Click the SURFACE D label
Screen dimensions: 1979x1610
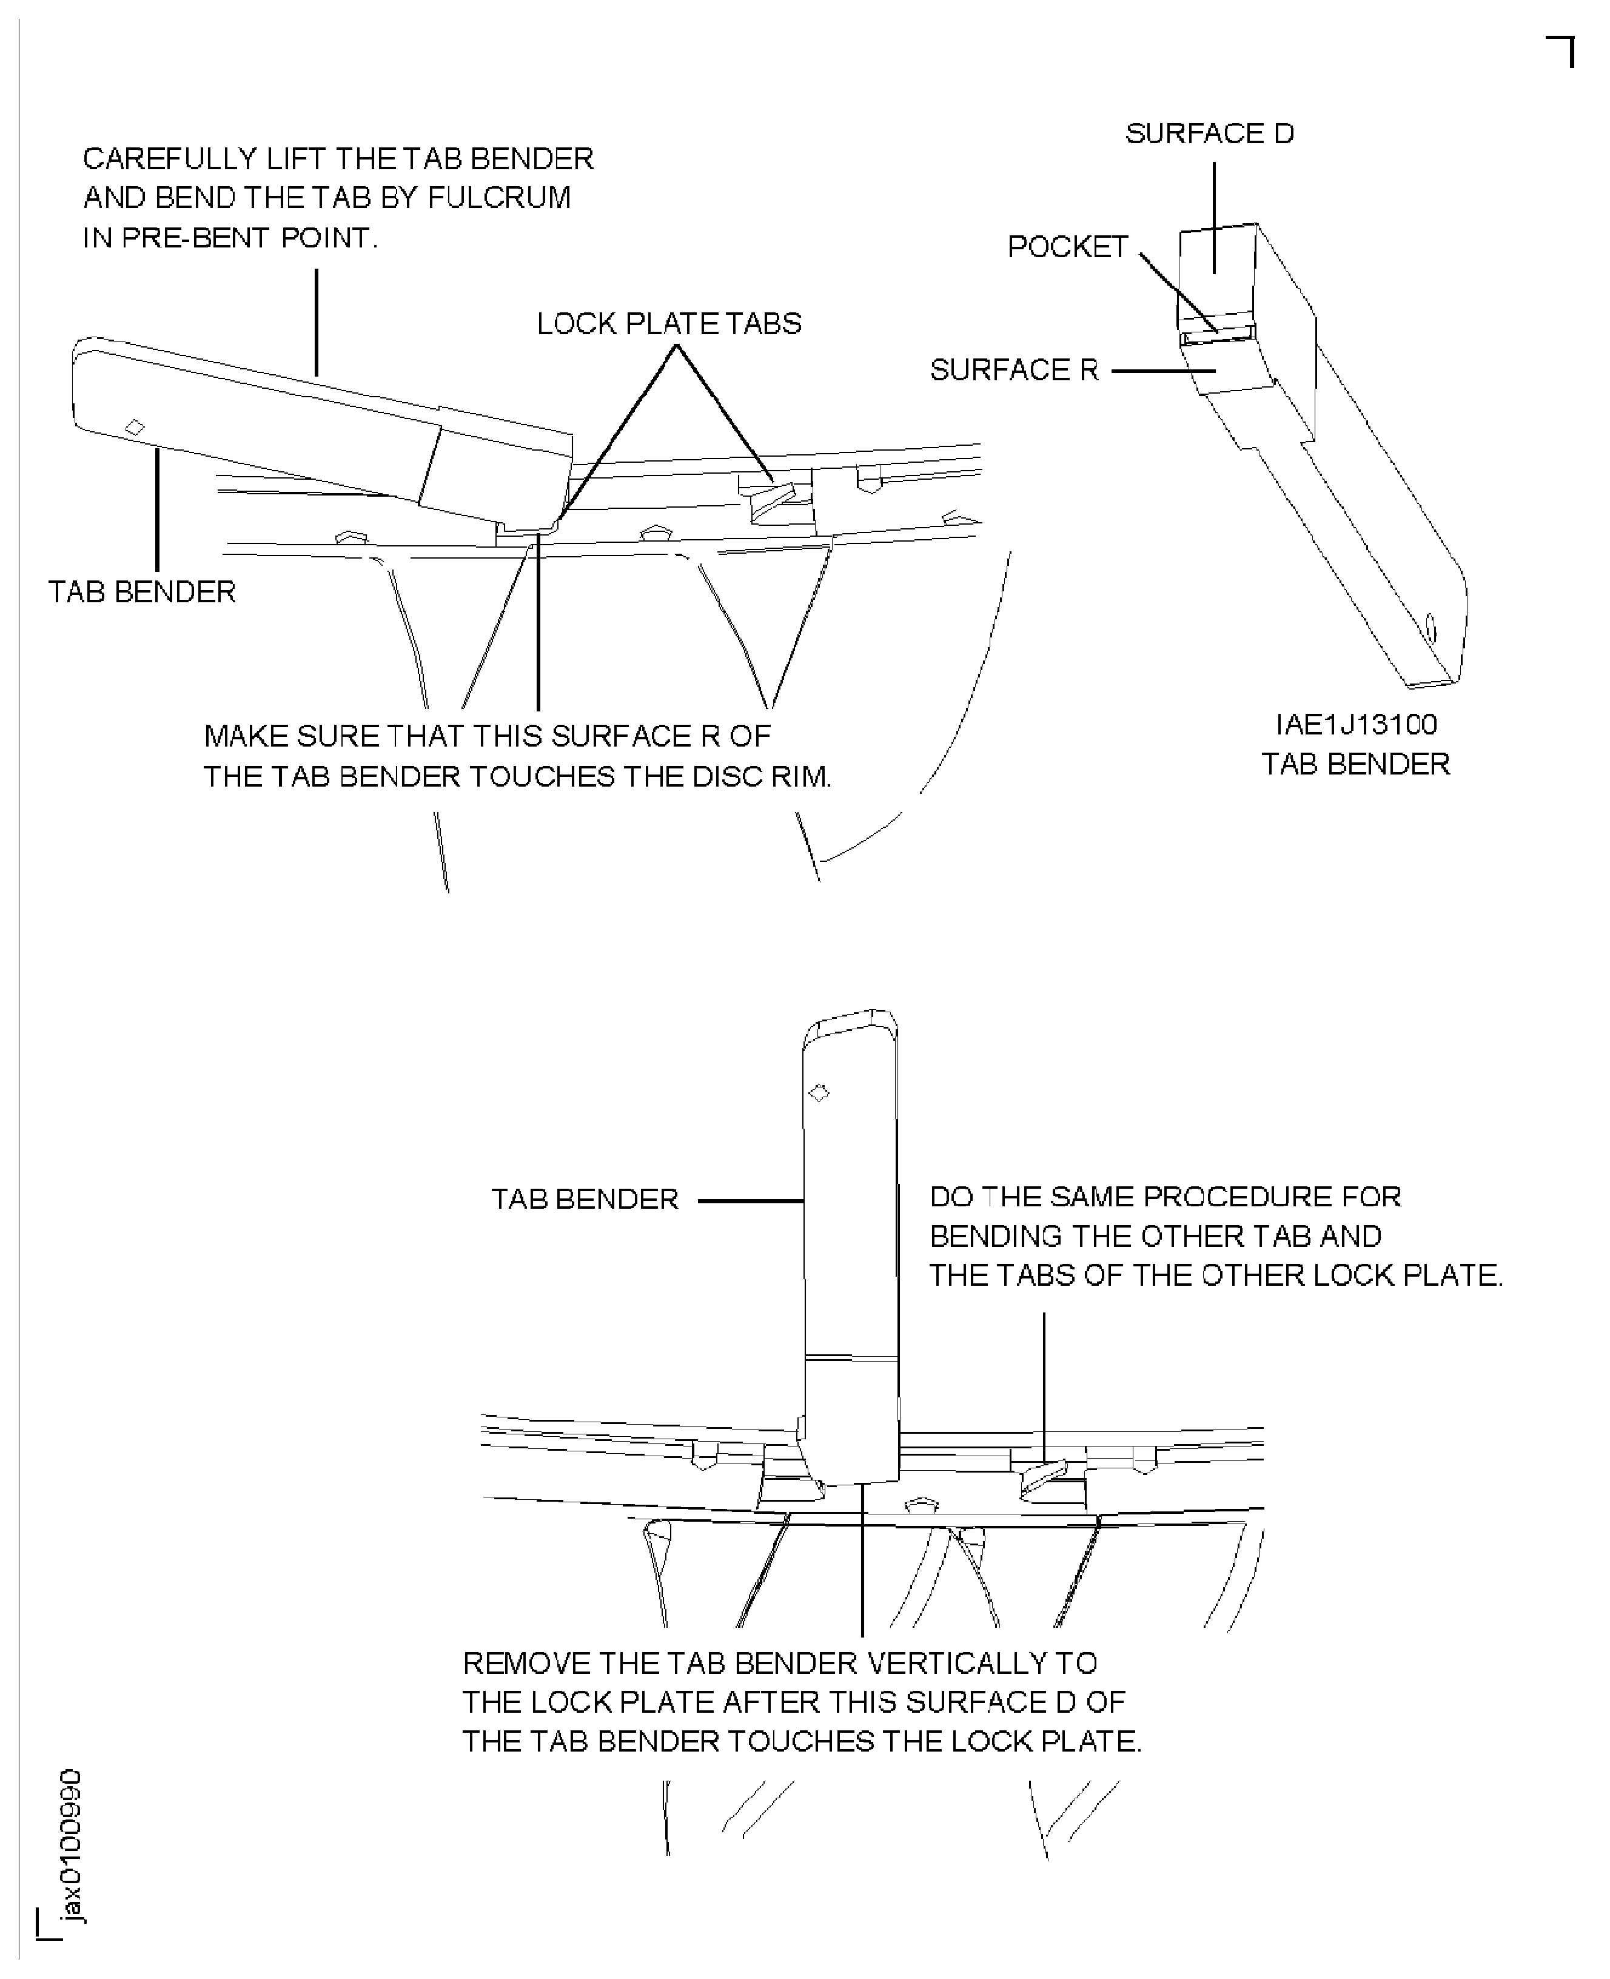(x=1209, y=133)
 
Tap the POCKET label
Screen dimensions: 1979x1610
(x=1067, y=247)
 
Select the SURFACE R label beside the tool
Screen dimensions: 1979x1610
(x=1014, y=370)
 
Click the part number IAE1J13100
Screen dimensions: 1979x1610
(x=1356, y=724)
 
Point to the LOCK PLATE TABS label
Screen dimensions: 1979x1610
(x=669, y=324)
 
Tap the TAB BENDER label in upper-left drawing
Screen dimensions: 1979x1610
(x=142, y=592)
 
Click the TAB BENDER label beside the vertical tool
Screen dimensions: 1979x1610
(x=585, y=1199)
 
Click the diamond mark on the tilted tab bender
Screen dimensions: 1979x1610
(x=135, y=426)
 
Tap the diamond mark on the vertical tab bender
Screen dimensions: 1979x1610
(x=819, y=1094)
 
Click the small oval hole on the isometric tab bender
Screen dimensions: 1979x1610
(x=1429, y=630)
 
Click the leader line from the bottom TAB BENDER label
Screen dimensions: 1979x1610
(x=750, y=1201)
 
